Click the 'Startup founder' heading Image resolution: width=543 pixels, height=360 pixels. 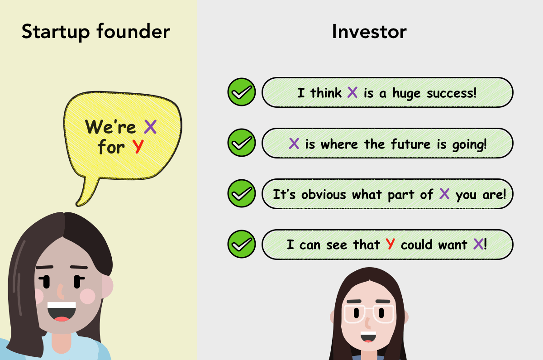pyautogui.click(x=95, y=32)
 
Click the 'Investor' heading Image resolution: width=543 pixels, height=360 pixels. pyautogui.click(x=369, y=32)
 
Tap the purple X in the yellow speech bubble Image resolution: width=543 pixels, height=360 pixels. pyautogui.click(x=150, y=127)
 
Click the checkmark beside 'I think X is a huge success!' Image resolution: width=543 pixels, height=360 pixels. pyautogui.click(x=241, y=93)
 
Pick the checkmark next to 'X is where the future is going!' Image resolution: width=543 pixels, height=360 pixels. pyautogui.click(x=241, y=144)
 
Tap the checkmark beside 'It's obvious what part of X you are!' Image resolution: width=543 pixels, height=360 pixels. pyautogui.click(x=241, y=194)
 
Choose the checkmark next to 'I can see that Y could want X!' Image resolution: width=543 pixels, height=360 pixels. pyautogui.click(x=241, y=245)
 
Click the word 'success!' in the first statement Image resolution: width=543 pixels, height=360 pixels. pyautogui.click(x=450, y=93)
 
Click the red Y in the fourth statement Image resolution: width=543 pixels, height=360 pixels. pyautogui.click(x=390, y=245)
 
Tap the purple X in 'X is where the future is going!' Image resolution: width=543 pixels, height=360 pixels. pyautogui.click(x=294, y=144)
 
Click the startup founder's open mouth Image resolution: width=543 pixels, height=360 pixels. pyautogui.click(x=62, y=312)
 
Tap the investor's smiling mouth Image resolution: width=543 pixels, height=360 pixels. pyautogui.click(x=368, y=337)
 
